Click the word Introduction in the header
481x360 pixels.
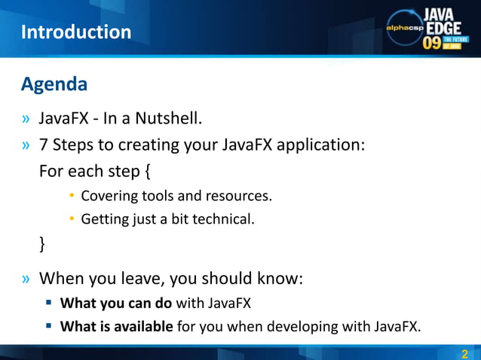pos(76,32)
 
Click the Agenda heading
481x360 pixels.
pos(54,84)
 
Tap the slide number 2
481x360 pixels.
pos(464,354)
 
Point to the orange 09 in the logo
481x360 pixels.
pos(432,43)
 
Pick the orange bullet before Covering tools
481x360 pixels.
pos(72,196)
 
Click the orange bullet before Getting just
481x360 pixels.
pos(72,219)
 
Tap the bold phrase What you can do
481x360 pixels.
pos(117,304)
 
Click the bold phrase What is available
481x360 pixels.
pos(117,326)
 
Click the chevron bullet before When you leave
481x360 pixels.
pos(27,279)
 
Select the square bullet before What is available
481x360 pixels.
pos(47,326)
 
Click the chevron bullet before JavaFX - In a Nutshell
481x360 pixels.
pos(27,119)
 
